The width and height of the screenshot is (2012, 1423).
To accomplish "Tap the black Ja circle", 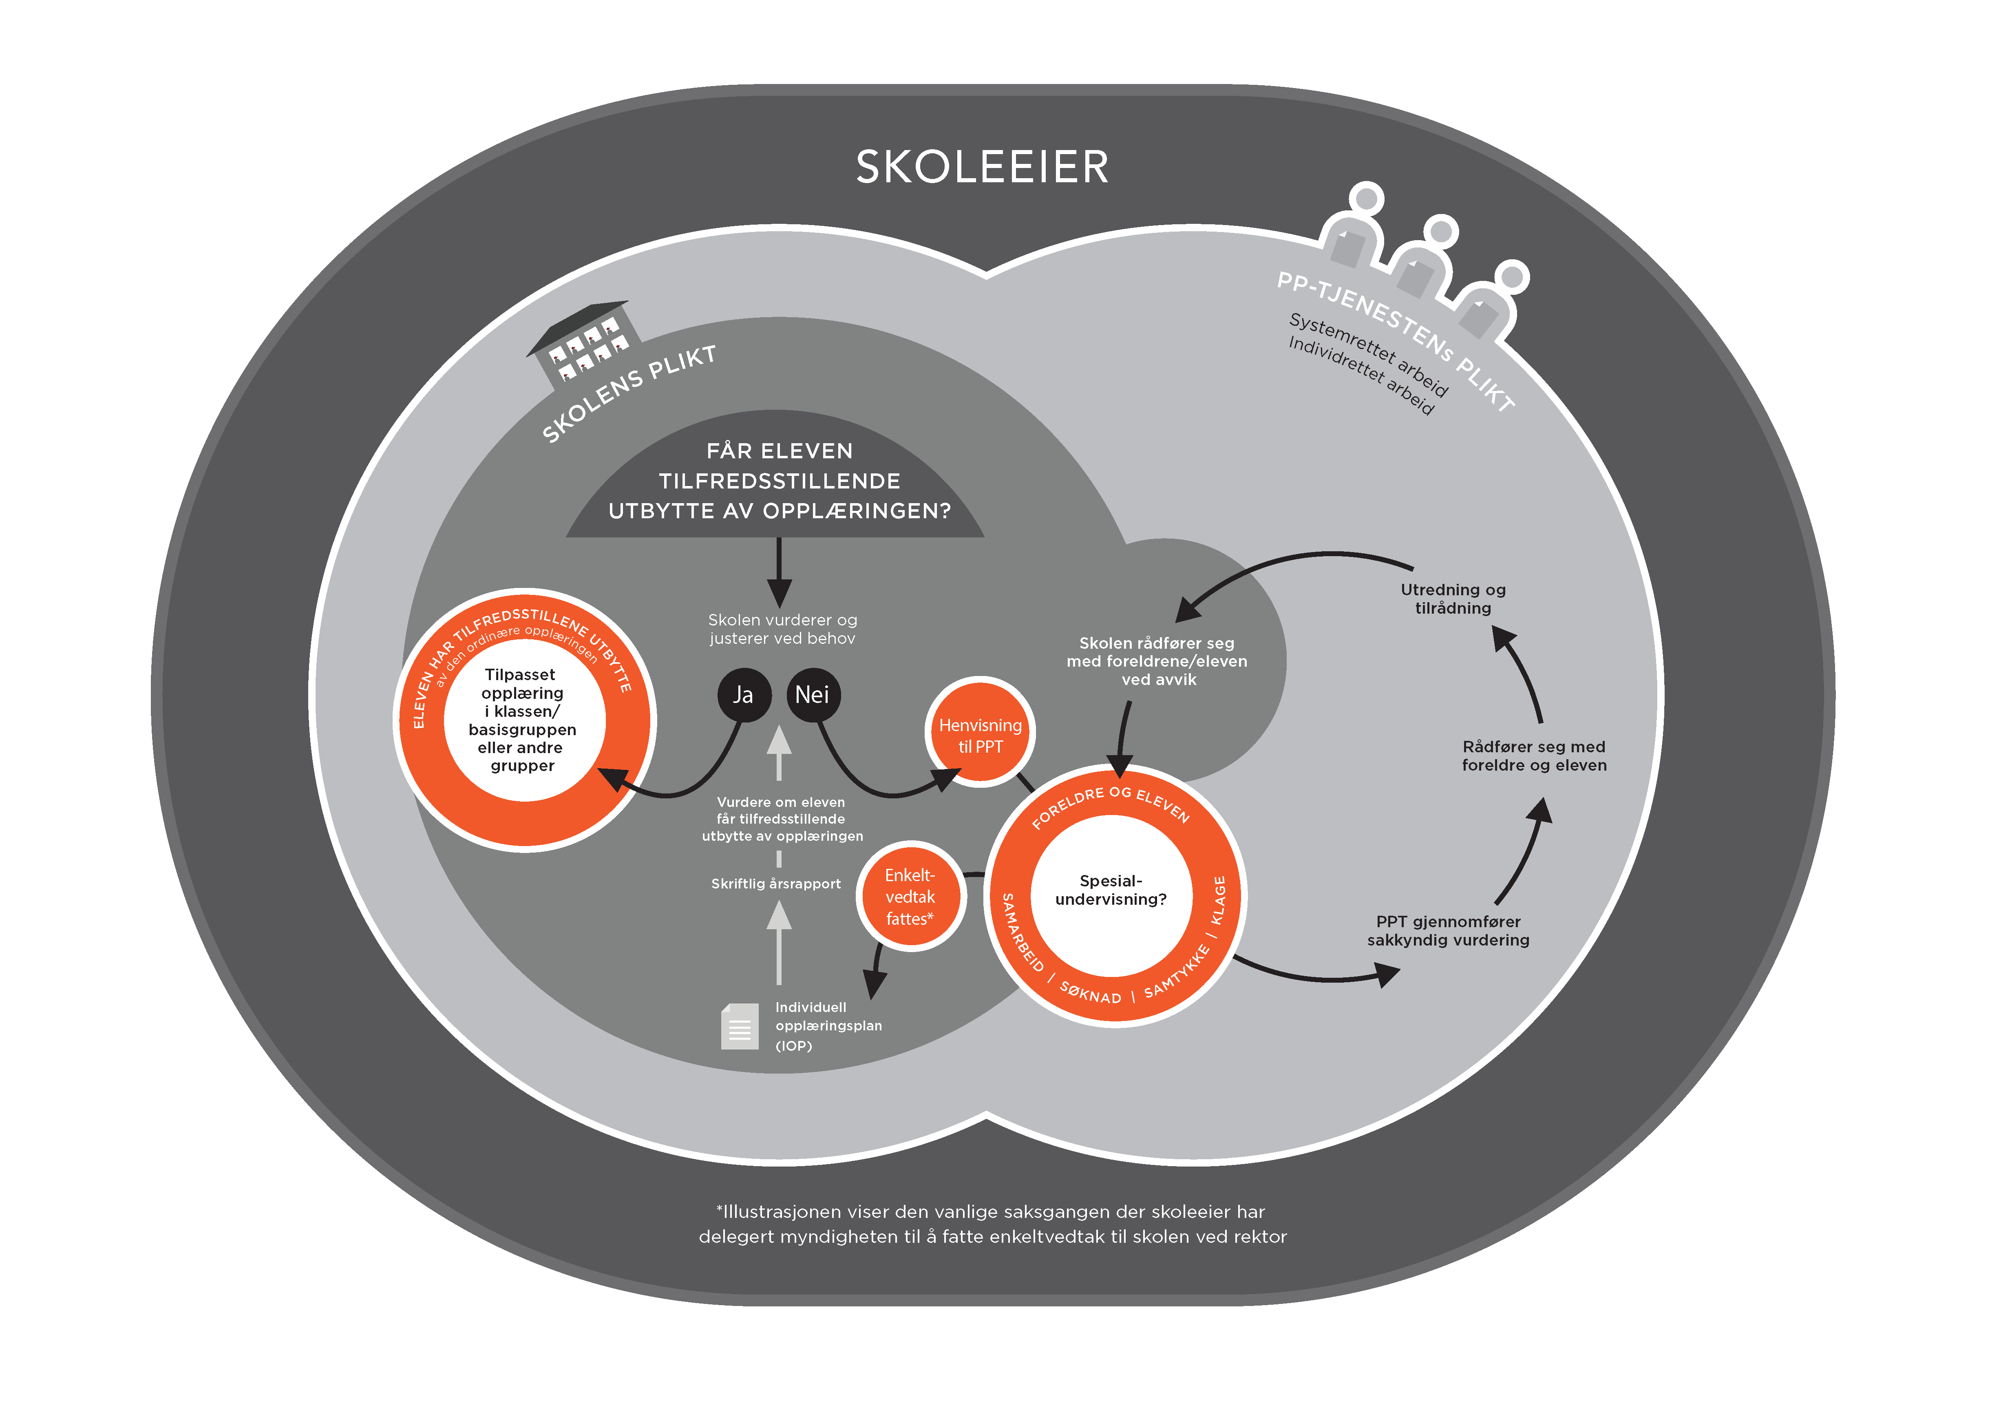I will pos(743,695).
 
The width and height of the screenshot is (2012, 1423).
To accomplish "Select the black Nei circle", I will pos(812,695).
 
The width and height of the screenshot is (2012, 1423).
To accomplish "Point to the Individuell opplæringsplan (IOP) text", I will pos(828,1026).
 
